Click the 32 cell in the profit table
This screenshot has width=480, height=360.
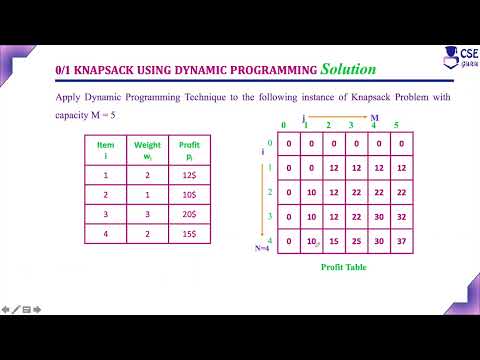401,215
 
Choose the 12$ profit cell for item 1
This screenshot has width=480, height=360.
188,175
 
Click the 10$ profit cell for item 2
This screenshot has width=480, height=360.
188,197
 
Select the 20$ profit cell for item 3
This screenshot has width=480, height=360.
188,219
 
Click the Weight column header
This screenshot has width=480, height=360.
147,150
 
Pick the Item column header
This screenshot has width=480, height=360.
106,150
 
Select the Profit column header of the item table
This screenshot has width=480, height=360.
188,150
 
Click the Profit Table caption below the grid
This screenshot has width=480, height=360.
343,268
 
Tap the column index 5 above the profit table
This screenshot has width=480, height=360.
398,125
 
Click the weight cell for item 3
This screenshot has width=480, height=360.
147,219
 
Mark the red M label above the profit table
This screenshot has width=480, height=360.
375,118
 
